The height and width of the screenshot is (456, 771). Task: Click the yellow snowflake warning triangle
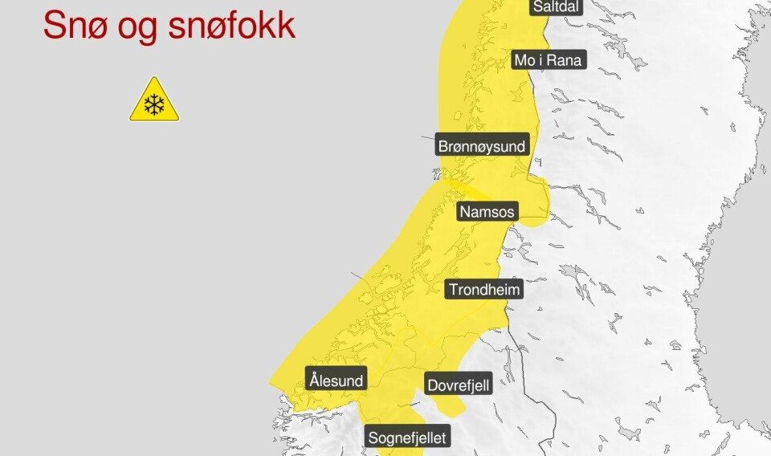click(154, 102)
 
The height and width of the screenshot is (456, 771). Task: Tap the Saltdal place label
click(554, 7)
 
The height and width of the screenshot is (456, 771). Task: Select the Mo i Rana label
click(549, 59)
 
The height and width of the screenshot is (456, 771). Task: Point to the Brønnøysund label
click(482, 146)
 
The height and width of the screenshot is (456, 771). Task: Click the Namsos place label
click(487, 212)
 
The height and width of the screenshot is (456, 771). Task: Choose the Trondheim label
click(484, 289)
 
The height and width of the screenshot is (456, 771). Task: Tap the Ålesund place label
click(337, 380)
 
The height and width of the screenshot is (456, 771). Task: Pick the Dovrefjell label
click(458, 385)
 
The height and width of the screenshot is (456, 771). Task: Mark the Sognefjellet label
click(406, 438)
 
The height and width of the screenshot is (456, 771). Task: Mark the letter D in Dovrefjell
click(432, 385)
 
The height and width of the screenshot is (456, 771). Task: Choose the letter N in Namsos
click(464, 212)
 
